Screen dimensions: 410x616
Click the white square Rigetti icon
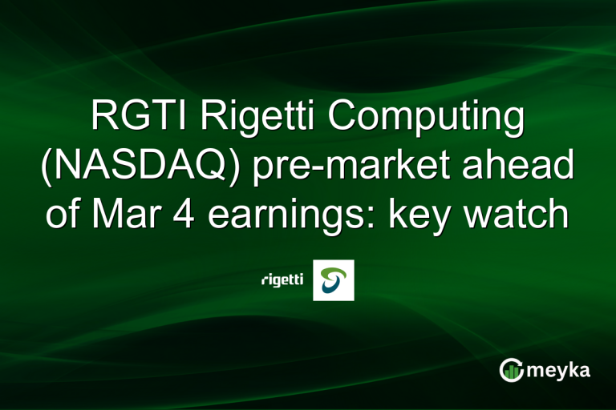pos(333,280)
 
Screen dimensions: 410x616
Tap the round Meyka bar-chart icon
pos(512,370)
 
